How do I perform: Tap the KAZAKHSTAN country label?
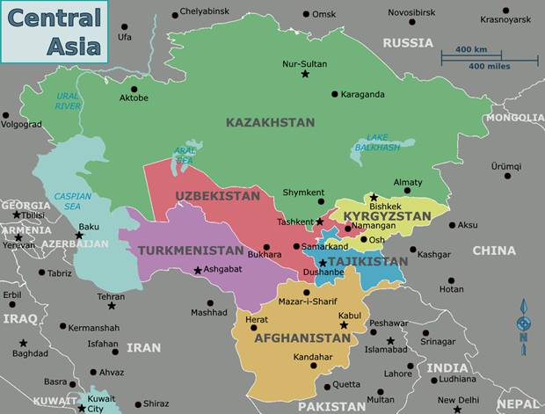coord(270,122)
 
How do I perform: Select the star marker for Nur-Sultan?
coord(305,75)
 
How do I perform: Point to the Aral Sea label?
coord(185,155)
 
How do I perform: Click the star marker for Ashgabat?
coord(198,270)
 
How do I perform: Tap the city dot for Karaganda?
coord(334,94)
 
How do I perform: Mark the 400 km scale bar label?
coord(471,49)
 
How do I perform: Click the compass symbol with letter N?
coord(524,320)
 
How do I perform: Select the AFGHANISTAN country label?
coord(302,338)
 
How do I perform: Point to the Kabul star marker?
coord(344,325)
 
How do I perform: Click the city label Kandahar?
coord(313,357)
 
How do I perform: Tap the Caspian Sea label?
coord(72,201)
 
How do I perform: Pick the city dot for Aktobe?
coord(134,88)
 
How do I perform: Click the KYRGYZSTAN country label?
coord(387,215)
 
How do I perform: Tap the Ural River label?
coord(68,100)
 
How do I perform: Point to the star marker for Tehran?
coord(111,308)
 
